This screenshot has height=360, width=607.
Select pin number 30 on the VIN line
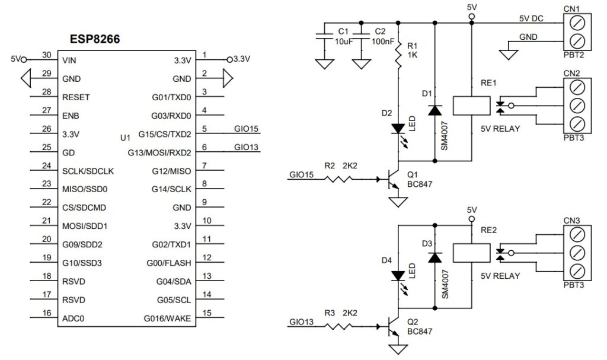pos(47,55)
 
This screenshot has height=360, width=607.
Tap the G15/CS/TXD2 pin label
pos(165,134)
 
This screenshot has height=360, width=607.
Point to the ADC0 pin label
pos(73,318)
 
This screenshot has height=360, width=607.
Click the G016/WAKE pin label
pos(167,318)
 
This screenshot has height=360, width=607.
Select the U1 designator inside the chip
pos(124,138)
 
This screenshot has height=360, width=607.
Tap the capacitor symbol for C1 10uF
pos(324,37)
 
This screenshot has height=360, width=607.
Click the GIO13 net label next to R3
pos(301,323)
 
